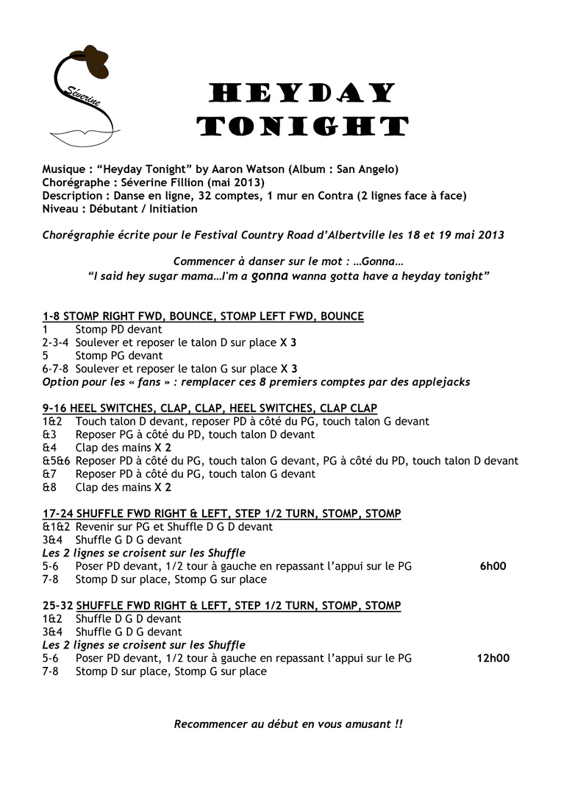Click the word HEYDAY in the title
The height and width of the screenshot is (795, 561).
pos(302,93)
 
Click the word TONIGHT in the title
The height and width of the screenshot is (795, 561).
pos(302,126)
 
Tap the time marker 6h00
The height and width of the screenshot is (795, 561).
pos(493,566)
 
